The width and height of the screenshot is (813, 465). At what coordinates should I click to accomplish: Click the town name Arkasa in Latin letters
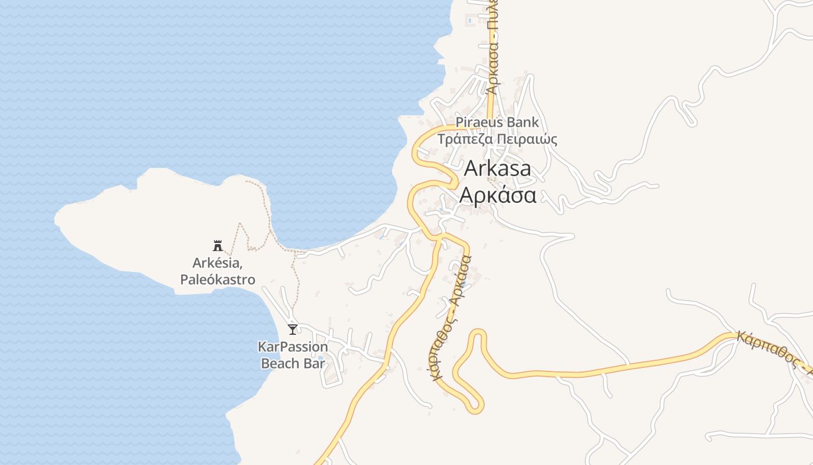click(498, 169)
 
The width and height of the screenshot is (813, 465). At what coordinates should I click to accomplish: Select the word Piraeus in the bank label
click(480, 123)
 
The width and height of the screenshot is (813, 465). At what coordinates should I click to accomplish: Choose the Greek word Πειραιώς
click(526, 139)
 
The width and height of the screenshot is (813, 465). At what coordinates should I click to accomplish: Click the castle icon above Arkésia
click(218, 245)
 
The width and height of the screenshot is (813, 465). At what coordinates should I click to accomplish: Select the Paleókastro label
click(217, 280)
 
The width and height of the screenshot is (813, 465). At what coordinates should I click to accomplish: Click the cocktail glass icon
click(293, 330)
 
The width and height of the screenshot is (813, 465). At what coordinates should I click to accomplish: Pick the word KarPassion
click(293, 347)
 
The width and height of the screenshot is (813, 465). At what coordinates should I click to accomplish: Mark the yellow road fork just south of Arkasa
click(441, 237)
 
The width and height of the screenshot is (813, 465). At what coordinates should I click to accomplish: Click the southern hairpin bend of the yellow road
click(475, 407)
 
